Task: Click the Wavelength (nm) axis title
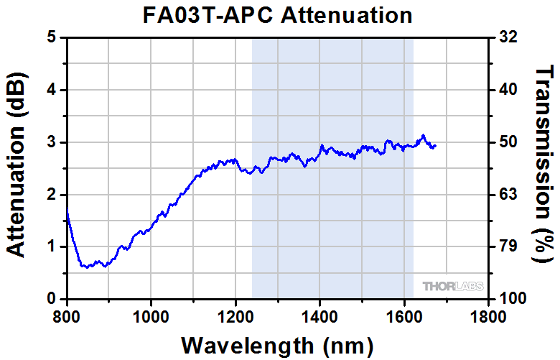click(x=276, y=345)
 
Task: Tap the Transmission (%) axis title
click(x=545, y=167)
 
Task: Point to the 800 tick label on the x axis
click(x=67, y=315)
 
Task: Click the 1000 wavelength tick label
click(x=151, y=315)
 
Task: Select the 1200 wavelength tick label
click(x=235, y=315)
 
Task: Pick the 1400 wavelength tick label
click(x=319, y=315)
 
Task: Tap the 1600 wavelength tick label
click(x=404, y=315)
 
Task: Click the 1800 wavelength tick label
click(x=488, y=315)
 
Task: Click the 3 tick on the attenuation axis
click(x=52, y=142)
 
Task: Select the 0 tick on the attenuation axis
click(x=52, y=298)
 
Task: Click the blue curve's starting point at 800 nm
click(x=67, y=211)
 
